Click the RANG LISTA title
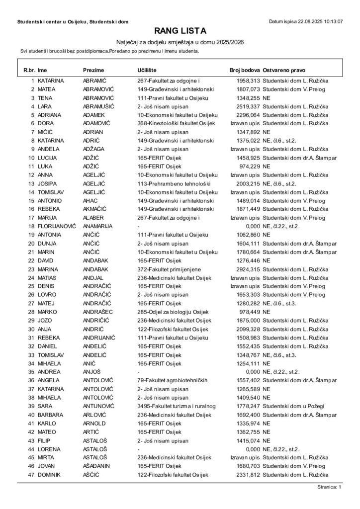[x=180, y=31]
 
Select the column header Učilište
[x=148, y=71]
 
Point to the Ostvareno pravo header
[x=284, y=71]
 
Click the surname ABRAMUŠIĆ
[x=99, y=106]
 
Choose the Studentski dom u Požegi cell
[x=290, y=406]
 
